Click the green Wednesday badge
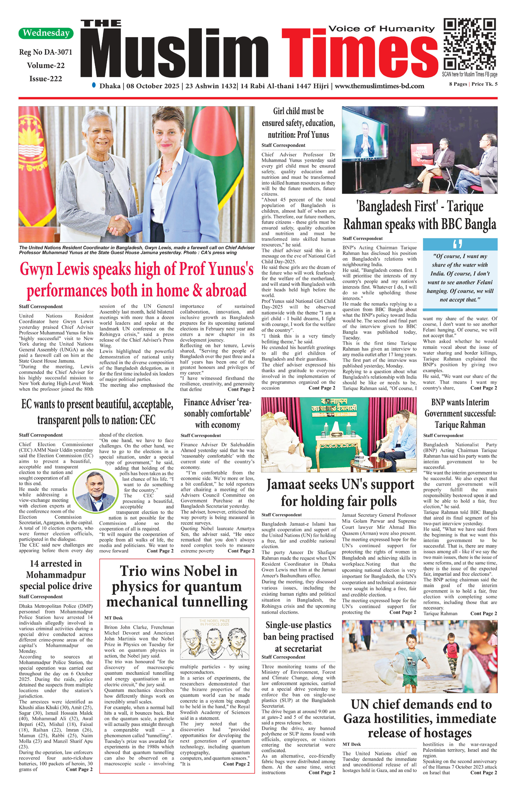tap(46, 33)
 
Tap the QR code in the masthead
tap(470, 44)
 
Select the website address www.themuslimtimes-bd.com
tap(379, 86)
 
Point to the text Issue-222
tap(45, 79)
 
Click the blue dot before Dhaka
tap(94, 85)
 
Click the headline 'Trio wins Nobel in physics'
tap(177, 586)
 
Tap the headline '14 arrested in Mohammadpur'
tap(56, 575)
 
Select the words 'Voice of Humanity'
tap(381, 29)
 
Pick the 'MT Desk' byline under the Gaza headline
tap(352, 744)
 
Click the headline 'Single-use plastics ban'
tap(299, 637)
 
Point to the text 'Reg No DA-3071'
tap(45, 52)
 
